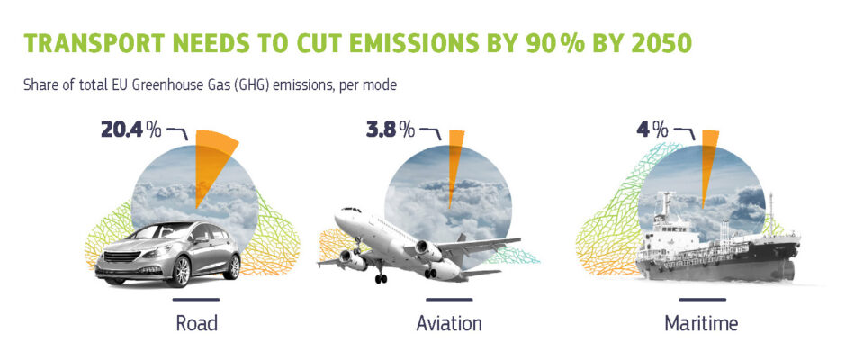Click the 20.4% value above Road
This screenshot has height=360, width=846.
(x=131, y=130)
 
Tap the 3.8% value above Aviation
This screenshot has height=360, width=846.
(x=391, y=130)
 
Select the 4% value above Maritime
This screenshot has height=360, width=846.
(x=652, y=130)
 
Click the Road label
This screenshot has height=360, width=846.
(x=196, y=323)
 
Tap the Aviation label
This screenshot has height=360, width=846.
(x=449, y=323)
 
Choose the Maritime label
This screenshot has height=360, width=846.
(x=701, y=323)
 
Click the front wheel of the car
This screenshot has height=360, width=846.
(x=180, y=271)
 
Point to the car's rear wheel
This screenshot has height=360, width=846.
(x=232, y=266)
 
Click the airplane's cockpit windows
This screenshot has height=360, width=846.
(x=351, y=210)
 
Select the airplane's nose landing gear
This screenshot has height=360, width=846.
(x=381, y=275)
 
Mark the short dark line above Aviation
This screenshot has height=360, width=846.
(x=449, y=299)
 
